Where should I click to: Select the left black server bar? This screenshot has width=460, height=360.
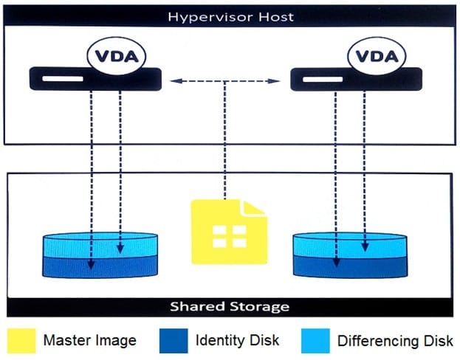coord(96,78)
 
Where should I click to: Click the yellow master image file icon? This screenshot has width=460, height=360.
coord(227,232)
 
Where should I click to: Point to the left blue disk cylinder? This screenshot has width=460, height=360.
coord(100,255)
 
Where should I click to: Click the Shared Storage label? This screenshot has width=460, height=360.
coord(230,306)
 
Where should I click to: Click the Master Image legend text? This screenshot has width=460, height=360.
coord(89,341)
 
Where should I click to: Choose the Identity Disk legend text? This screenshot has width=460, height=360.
coord(238,341)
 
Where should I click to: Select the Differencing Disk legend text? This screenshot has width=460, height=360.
coord(395,341)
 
